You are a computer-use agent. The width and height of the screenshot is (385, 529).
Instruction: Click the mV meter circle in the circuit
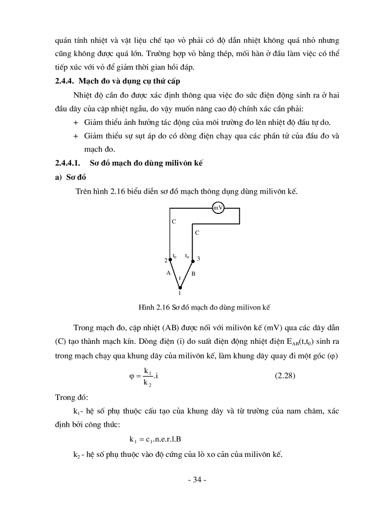[218, 208]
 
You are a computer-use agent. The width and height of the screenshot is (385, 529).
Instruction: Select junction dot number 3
[192, 260]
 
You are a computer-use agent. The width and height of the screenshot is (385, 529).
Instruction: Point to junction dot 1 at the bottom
[180, 287]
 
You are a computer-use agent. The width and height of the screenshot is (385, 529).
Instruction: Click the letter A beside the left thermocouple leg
[167, 273]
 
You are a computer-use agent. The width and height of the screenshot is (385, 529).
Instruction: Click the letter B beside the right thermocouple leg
[193, 273]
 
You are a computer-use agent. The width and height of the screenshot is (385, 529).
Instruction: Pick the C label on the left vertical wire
[174, 221]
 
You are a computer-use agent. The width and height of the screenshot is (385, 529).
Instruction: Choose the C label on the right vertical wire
[197, 233]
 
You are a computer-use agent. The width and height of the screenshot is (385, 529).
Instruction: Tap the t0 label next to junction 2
[175, 256]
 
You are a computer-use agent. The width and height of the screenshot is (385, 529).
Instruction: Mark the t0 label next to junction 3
[187, 256]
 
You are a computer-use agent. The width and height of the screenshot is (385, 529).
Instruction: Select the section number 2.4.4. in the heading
[65, 81]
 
